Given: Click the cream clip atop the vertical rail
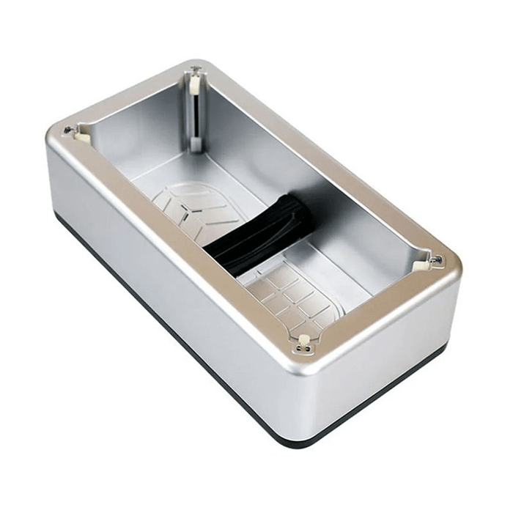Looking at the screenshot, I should click(x=194, y=81).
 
